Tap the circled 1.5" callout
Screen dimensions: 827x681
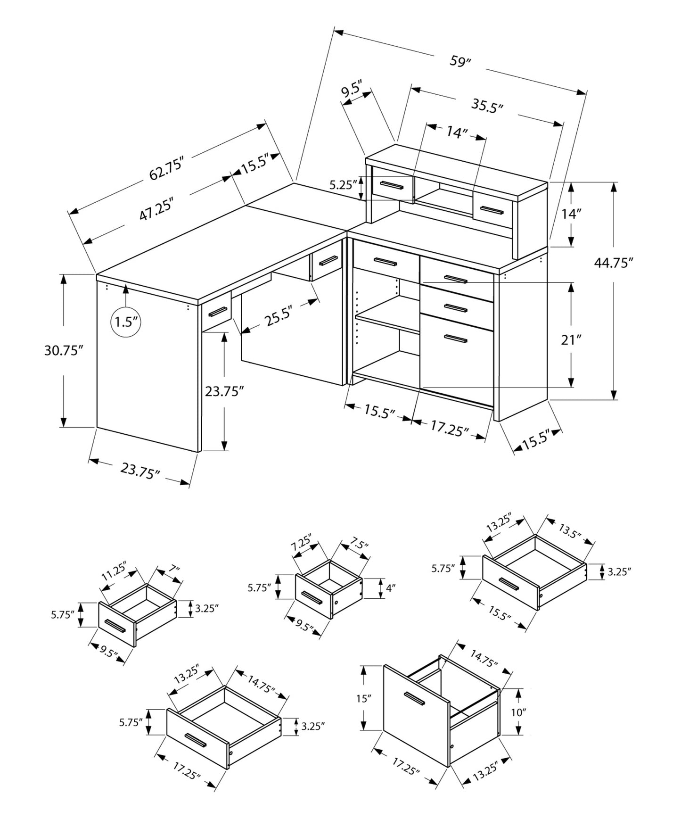pyautogui.click(x=126, y=322)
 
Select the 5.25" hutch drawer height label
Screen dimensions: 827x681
pyautogui.click(x=342, y=185)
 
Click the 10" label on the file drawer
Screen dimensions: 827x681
pyautogui.click(x=517, y=712)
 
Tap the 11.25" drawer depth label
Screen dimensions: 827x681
pyautogui.click(x=114, y=572)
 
